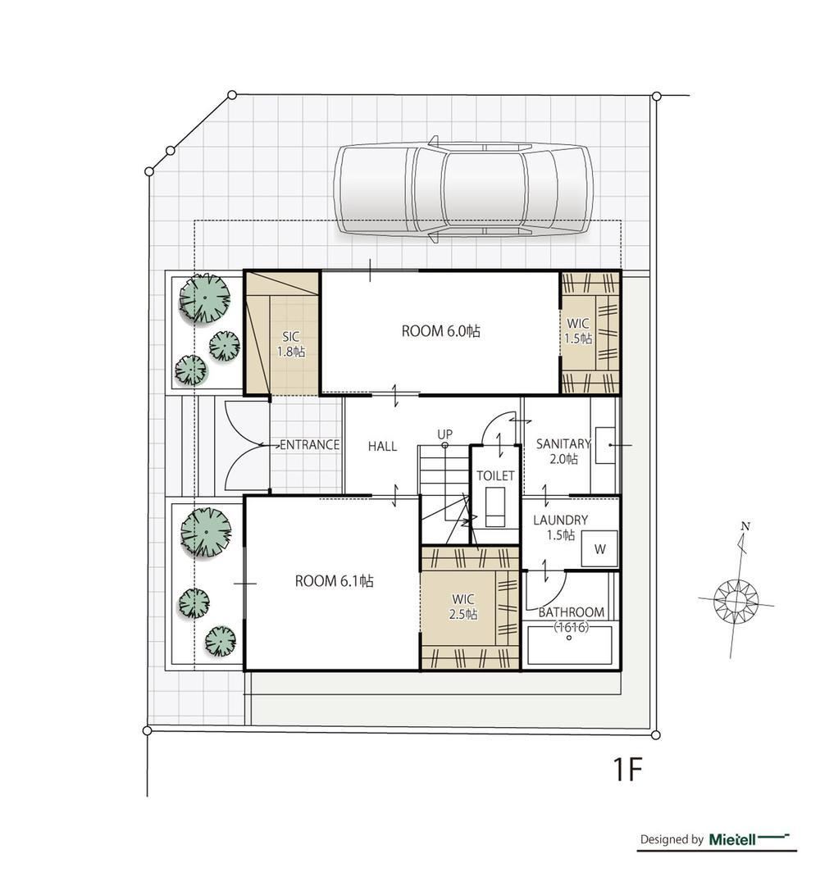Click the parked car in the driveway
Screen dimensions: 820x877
click(x=463, y=189)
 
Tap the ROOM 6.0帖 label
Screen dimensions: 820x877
click(x=440, y=331)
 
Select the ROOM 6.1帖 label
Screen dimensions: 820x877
click(x=334, y=581)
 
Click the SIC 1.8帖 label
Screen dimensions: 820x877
click(x=291, y=344)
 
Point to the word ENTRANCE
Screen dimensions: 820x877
click(x=309, y=445)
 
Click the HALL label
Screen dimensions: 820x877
click(x=382, y=447)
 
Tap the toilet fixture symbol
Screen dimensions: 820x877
click(x=494, y=507)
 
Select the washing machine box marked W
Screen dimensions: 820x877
click(x=599, y=548)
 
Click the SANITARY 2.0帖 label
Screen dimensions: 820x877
click(x=563, y=452)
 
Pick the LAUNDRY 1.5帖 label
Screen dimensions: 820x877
click(x=560, y=528)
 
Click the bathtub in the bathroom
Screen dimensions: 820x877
click(x=569, y=645)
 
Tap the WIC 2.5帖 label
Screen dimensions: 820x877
click(x=463, y=607)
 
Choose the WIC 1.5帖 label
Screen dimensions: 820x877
click(x=577, y=331)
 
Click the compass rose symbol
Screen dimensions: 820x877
click(x=736, y=601)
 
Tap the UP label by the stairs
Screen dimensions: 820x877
click(x=445, y=434)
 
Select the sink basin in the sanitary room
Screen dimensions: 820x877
click(x=605, y=445)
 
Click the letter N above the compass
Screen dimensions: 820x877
click(x=745, y=526)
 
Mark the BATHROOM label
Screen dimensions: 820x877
click(x=571, y=612)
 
